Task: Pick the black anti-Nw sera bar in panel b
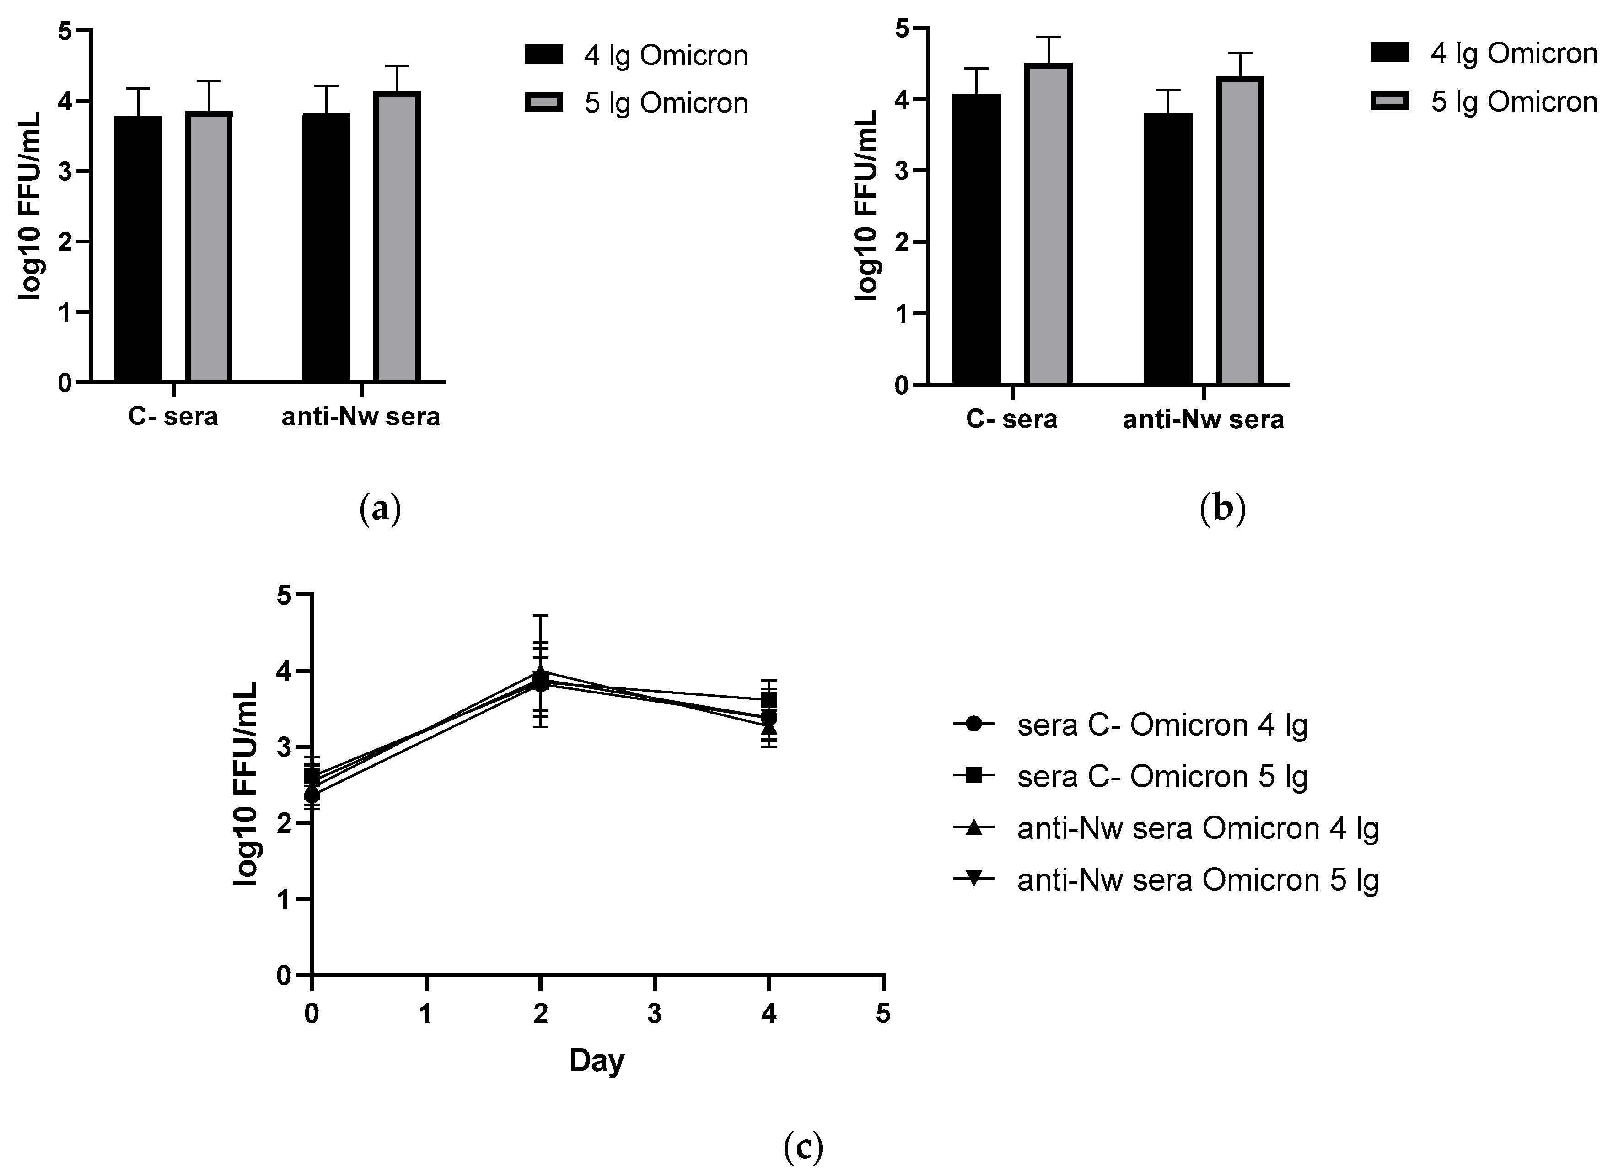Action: click(1167, 249)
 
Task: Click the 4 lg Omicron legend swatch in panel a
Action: click(544, 55)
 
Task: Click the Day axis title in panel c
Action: click(597, 1061)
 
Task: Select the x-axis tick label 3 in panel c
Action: click(654, 1014)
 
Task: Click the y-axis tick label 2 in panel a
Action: click(65, 242)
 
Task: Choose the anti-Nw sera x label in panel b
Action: click(1203, 419)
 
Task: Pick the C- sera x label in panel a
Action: click(173, 416)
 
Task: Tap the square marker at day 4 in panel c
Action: click(769, 700)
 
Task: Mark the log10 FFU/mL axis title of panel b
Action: click(866, 206)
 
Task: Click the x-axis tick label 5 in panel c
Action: click(882, 1014)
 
